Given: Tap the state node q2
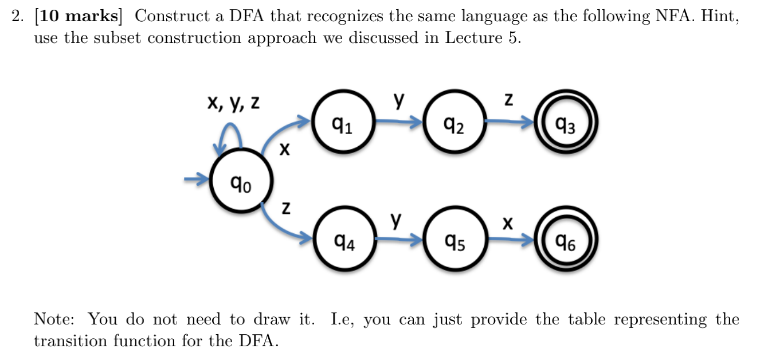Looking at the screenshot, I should (454, 122).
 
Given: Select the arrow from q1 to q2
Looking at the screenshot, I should (398, 122).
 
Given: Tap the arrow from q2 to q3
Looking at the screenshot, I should (510, 122).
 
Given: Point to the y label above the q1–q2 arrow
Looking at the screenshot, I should (398, 101).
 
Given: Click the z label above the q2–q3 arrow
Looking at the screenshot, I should (508, 100).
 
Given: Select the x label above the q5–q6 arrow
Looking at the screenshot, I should (507, 222).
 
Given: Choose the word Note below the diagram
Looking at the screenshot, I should (56, 319).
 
